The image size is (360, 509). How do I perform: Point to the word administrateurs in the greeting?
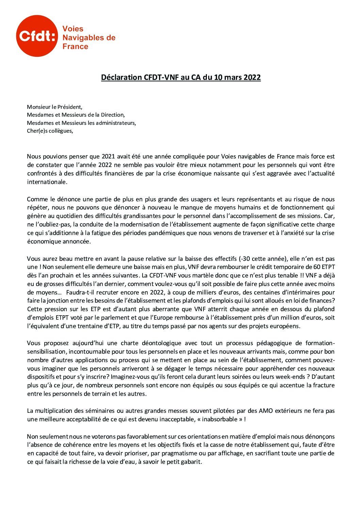(117, 123)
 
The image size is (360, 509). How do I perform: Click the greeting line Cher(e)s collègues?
(50, 131)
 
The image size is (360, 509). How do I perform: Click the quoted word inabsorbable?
(219, 419)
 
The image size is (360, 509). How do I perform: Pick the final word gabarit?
(191, 462)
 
